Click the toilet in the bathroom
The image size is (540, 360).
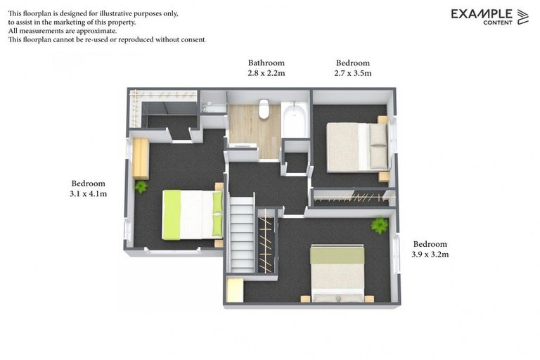point(264,108)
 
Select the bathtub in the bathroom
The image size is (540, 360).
point(294,120)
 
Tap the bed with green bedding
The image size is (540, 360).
point(192,214)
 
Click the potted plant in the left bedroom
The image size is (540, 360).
point(141,186)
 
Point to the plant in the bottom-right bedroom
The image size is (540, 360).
point(380,225)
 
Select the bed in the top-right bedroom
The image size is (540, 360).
point(356,147)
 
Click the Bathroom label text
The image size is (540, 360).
point(266,63)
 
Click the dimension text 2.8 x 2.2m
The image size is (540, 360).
point(266,73)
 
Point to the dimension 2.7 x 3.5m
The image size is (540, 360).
point(352,73)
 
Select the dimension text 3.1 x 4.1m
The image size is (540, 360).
point(88,194)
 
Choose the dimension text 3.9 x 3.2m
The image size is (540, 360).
point(430,255)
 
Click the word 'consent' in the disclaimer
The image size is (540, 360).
point(192,40)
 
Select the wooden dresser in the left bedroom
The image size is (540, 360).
point(141,158)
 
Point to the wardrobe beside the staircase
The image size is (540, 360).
point(266,240)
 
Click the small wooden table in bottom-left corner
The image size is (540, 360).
point(235,290)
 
